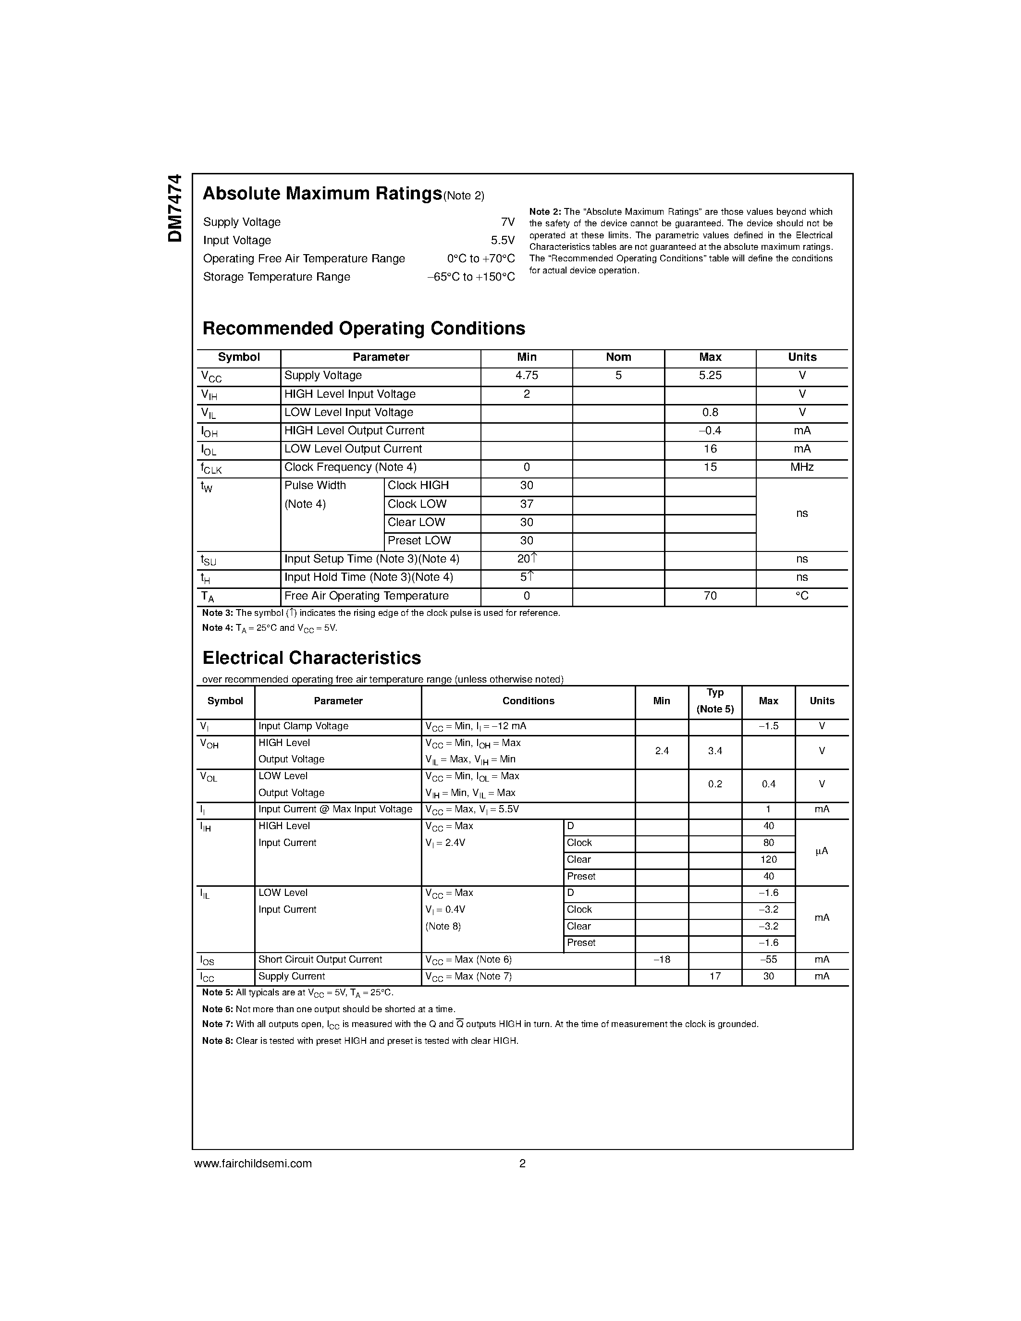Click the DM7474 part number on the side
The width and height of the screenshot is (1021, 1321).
[175, 208]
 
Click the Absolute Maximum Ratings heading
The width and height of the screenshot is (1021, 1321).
[322, 194]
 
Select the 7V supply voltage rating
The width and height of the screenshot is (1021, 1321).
[507, 222]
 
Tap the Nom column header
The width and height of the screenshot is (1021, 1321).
[618, 357]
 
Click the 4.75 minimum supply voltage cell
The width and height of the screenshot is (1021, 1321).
[526, 376]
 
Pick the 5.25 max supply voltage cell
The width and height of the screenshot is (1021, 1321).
[710, 376]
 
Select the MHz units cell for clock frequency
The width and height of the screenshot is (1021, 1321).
[801, 467]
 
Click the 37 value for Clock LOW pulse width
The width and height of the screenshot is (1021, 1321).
[526, 504]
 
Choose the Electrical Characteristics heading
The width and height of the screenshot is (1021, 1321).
[311, 658]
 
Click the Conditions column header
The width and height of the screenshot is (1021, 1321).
[528, 701]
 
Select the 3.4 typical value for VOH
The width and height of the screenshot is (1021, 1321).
[715, 751]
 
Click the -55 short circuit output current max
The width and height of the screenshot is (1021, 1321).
[768, 960]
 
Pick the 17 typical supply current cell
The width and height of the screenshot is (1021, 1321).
[715, 976]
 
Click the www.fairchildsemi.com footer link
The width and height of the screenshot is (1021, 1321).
[253, 1163]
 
